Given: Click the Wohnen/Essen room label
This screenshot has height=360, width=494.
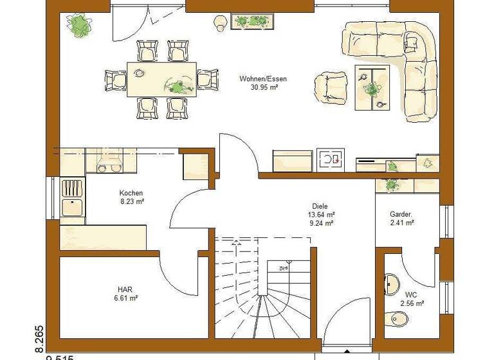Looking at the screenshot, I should (x=263, y=79).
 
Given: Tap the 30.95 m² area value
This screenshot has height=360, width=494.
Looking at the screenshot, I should (x=263, y=87).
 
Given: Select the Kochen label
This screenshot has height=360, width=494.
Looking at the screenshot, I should (x=131, y=193).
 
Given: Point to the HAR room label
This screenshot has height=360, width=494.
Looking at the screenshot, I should (x=125, y=289).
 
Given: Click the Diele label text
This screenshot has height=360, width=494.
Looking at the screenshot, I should (x=320, y=206).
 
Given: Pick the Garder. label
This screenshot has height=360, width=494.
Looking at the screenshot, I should (x=401, y=214).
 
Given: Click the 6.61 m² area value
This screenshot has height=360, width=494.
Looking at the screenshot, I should (x=125, y=298).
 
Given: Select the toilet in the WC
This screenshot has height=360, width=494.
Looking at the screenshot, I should (x=398, y=319).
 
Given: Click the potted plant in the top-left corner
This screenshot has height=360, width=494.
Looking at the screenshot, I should (x=79, y=25).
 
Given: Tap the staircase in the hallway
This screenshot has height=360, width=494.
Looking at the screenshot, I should (x=264, y=289).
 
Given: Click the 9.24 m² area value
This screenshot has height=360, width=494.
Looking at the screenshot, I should (x=320, y=224).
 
